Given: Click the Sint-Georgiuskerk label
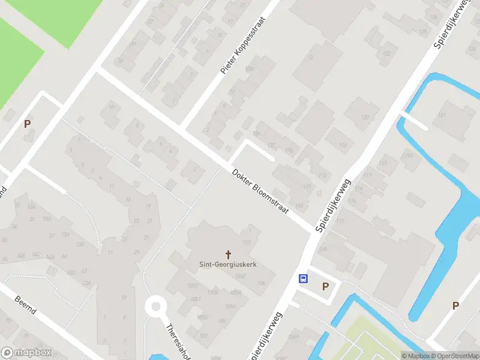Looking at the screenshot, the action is click(228, 263).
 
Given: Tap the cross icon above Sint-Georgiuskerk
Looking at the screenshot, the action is click(228, 254).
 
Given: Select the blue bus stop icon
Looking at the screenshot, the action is click(304, 278).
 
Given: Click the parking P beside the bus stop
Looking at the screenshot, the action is click(325, 286).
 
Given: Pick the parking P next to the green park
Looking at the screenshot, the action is click(27, 124).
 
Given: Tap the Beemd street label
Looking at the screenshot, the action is click(26, 304).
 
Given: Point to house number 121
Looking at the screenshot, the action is click(443, 115).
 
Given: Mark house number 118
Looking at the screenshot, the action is click(343, 145).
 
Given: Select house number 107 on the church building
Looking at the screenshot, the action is click(246, 242).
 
